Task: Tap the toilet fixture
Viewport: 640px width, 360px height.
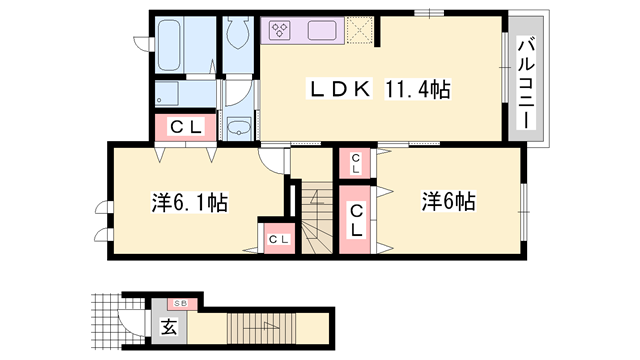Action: (237, 39)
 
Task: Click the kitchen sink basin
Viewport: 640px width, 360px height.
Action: (322, 30)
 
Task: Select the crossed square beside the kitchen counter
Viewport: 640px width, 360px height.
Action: (362, 30)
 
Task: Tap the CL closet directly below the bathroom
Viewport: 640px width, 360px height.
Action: (185, 126)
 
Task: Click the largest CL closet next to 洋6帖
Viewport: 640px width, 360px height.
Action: (356, 217)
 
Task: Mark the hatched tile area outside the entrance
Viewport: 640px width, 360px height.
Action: (103, 322)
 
